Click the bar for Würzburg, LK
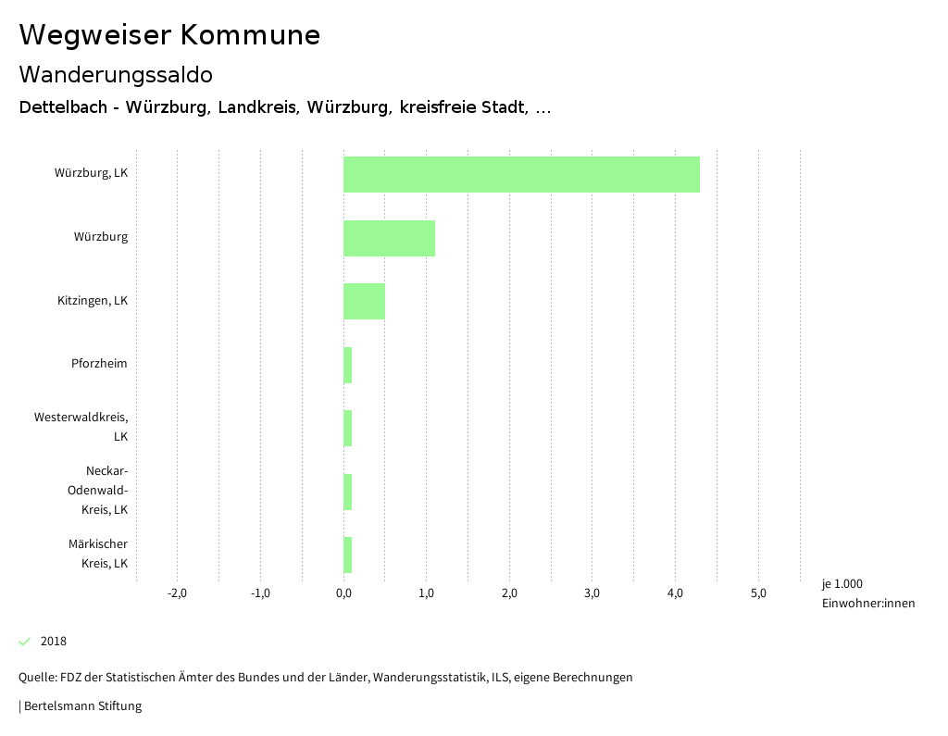(521, 174)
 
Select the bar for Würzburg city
(389, 238)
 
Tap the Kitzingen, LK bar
(364, 301)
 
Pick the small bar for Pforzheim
(347, 365)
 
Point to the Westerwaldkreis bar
(347, 428)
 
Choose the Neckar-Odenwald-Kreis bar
(347, 492)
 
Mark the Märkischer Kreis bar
(347, 555)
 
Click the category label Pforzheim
(99, 363)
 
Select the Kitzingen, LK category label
(93, 301)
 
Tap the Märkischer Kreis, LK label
(98, 554)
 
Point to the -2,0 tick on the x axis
(177, 593)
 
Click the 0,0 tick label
(343, 593)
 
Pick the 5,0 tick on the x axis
(758, 593)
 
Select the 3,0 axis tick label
(592, 593)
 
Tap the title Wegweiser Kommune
(169, 35)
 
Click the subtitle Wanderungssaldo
(116, 74)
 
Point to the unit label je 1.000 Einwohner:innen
(867, 593)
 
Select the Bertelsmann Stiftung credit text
(82, 706)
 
